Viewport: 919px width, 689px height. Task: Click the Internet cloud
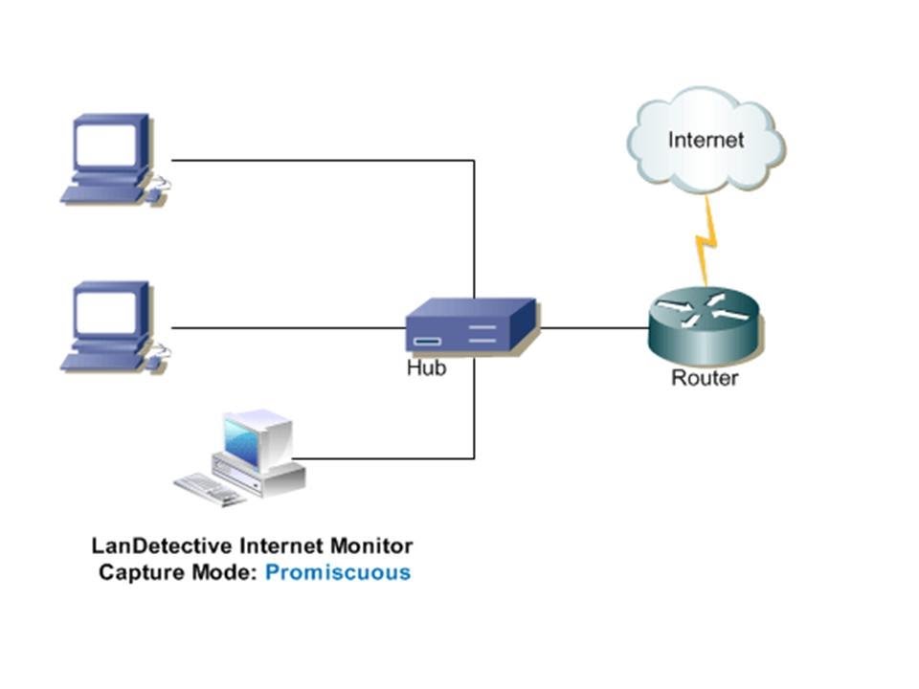coord(706,144)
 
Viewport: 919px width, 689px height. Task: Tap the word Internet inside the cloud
coord(706,140)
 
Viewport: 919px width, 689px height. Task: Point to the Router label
coord(705,378)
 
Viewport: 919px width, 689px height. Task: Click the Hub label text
coord(426,368)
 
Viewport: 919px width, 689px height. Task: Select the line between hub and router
coord(594,328)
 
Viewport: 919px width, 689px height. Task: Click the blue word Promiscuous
coord(338,573)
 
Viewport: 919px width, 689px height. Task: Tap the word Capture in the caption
coord(137,573)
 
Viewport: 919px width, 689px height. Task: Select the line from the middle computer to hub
coord(287,328)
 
